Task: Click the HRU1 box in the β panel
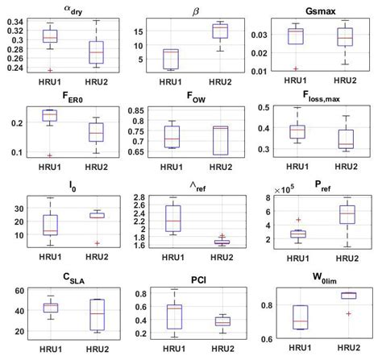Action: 170,59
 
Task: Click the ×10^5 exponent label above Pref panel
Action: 278,190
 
